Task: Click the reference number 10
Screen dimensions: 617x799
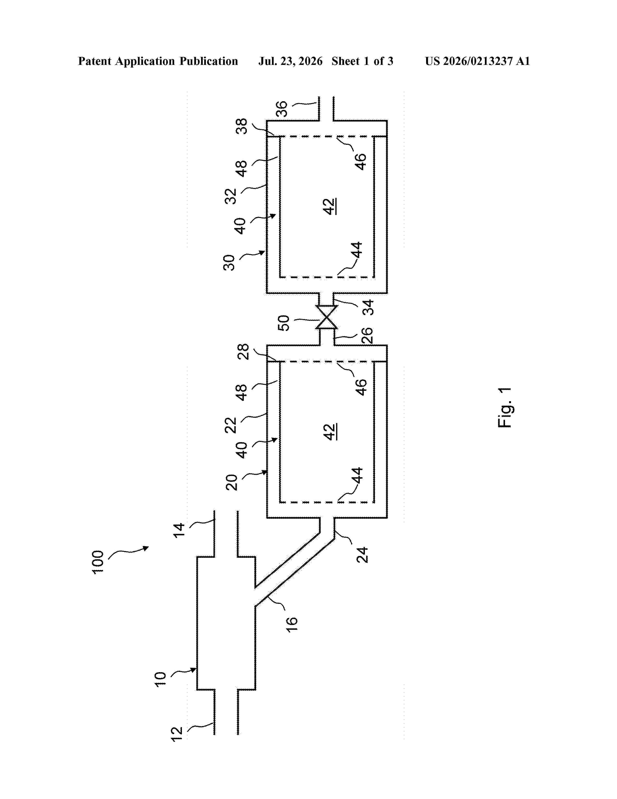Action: pos(160,679)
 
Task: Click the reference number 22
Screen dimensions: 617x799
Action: pos(231,425)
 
